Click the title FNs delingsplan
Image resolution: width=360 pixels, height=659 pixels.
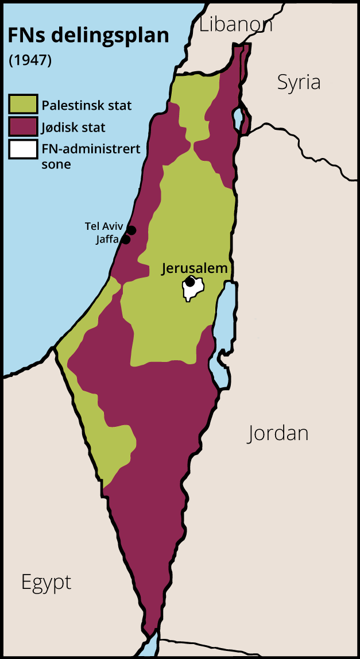coord(88,36)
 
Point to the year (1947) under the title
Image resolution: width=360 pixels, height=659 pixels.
coord(30,60)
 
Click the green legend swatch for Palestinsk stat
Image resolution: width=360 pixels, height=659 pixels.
coord(23,105)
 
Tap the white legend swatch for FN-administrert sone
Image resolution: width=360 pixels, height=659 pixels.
coord(23,149)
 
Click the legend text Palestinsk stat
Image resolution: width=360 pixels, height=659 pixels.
coord(87,106)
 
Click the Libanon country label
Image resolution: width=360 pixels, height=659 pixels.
coord(235,24)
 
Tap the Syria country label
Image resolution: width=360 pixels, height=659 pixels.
coord(299,82)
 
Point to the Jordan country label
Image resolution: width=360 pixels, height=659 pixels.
coord(278,433)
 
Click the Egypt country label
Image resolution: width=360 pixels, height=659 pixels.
coord(47,582)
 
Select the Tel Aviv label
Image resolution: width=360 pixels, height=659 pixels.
coord(104,226)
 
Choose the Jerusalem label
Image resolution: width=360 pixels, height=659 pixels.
coord(195,268)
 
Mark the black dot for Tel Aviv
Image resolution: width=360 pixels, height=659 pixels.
coord(131,230)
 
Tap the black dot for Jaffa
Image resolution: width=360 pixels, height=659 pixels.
coord(126,240)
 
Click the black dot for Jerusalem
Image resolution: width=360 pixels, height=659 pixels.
coord(189,282)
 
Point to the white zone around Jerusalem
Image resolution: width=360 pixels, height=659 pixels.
coord(197,292)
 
